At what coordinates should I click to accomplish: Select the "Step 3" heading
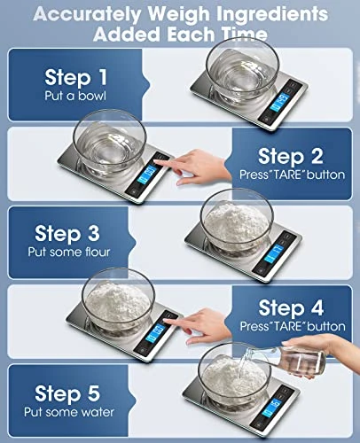click(x=73, y=233)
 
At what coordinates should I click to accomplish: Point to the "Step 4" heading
click(x=292, y=308)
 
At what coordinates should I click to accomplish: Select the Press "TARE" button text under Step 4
click(x=292, y=327)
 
